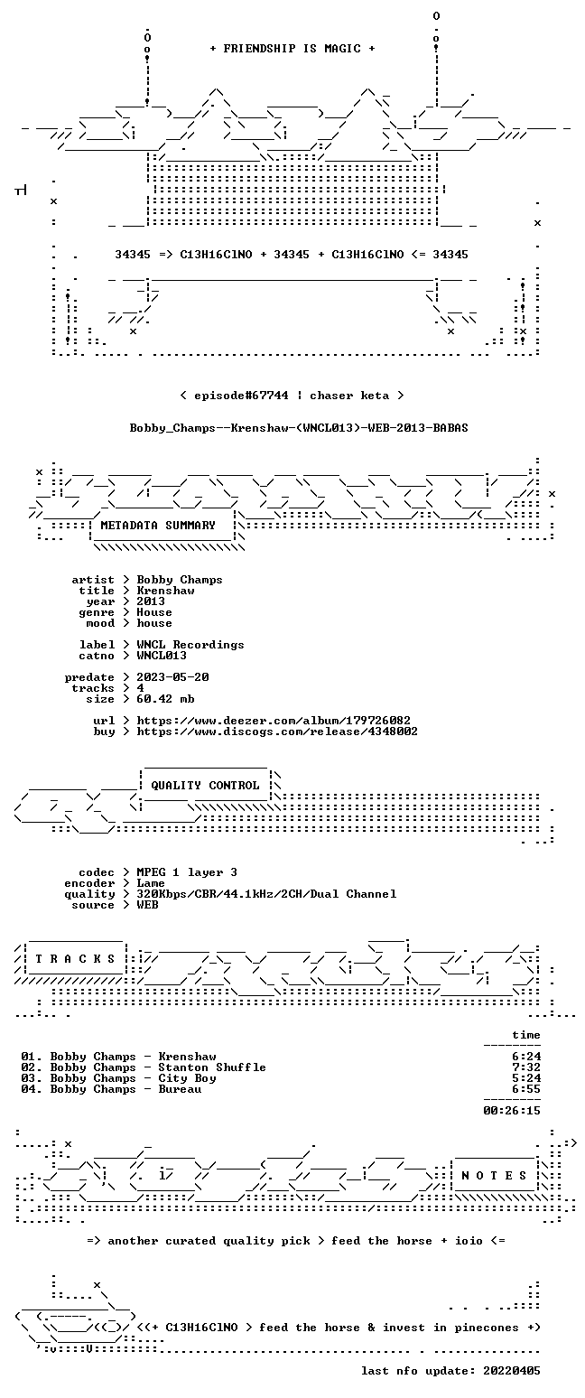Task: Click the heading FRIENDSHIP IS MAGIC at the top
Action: tap(292, 49)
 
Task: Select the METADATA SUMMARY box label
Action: tap(158, 526)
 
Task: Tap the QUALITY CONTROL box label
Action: tap(205, 785)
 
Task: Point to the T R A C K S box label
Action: tap(76, 958)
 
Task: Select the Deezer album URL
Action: tap(274, 721)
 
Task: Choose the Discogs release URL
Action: tap(277, 732)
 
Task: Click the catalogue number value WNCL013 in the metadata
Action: tap(162, 656)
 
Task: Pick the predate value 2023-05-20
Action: tap(172, 677)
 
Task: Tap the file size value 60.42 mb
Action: tap(165, 699)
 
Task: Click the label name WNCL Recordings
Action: tap(190, 645)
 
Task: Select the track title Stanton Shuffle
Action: tap(212, 1067)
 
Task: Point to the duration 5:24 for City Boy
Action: tap(526, 1077)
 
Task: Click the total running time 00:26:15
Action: tap(512, 1110)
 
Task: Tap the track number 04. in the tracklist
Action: tap(32, 1089)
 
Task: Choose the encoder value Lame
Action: tap(151, 883)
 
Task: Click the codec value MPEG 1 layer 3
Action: tap(187, 872)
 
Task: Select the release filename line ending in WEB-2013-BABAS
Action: tap(299, 428)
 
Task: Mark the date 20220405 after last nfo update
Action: tap(512, 1371)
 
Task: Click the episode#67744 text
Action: tap(241, 396)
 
